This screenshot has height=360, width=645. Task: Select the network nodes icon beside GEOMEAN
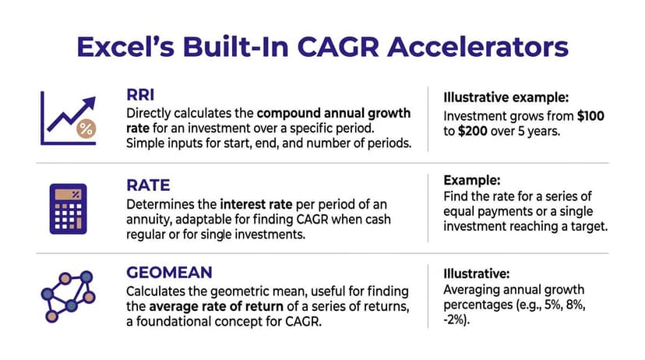(66, 297)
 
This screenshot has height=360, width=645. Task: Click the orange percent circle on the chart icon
(86, 130)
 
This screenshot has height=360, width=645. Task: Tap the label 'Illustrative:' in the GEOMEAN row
(478, 274)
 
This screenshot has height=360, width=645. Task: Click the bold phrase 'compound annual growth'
(333, 113)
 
